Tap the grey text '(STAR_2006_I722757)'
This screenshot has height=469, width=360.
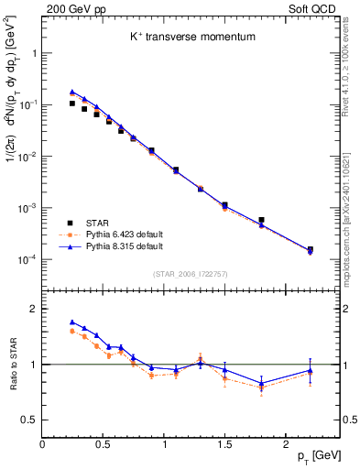(191, 274)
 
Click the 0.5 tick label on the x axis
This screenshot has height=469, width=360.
(103, 440)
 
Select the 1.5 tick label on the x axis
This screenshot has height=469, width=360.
(224, 440)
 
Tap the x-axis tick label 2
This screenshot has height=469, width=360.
(286, 440)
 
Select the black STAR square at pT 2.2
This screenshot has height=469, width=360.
(310, 249)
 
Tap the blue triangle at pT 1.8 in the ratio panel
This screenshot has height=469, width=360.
(261, 382)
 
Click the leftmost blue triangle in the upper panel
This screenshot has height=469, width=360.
(72, 92)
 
